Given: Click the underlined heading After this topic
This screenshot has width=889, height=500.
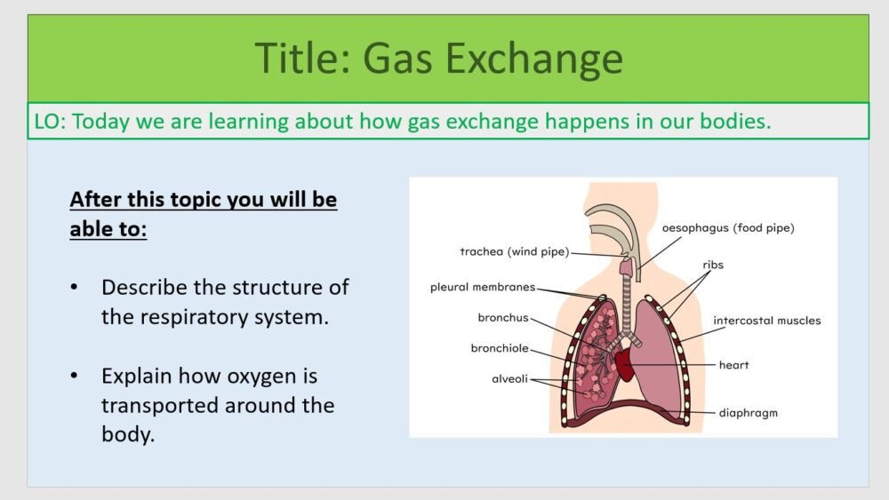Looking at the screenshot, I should [x=203, y=199].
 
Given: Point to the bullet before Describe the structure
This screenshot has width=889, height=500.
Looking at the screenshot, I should [x=75, y=288].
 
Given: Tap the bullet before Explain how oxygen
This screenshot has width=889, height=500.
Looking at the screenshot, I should [x=75, y=377].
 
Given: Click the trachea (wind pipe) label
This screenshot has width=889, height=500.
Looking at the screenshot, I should [x=514, y=251].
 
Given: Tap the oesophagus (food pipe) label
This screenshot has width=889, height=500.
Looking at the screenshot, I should [x=728, y=228].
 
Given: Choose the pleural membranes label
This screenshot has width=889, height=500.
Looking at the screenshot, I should [x=483, y=287].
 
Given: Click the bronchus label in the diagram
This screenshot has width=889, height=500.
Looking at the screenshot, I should [x=503, y=317].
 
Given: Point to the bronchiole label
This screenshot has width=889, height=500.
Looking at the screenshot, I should [x=500, y=348].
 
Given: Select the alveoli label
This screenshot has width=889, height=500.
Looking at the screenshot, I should [x=510, y=378].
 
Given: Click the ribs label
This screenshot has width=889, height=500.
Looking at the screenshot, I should [x=713, y=265].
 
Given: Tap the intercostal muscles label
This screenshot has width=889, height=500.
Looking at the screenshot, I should [x=767, y=320].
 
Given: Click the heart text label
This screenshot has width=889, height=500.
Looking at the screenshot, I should [x=734, y=365].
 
